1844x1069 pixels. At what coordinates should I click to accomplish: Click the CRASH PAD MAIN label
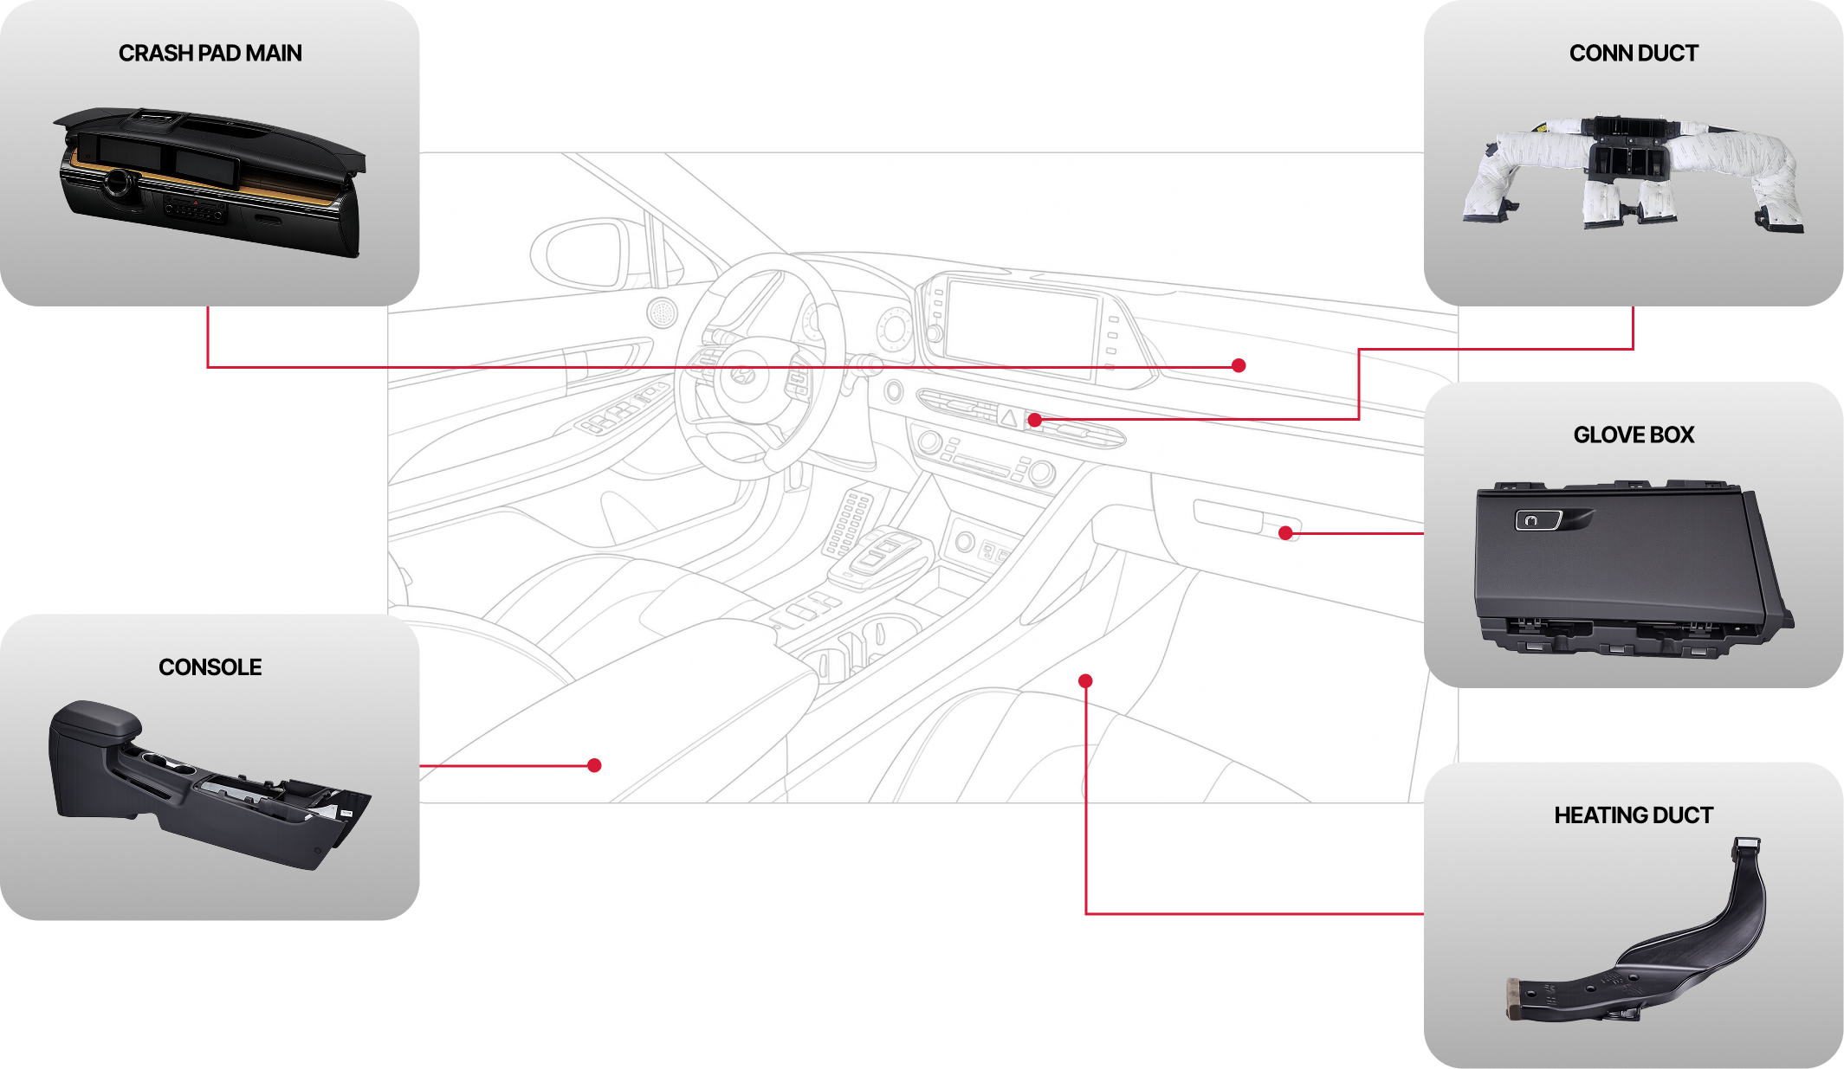(210, 54)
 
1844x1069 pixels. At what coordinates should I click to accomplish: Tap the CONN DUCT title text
(1634, 54)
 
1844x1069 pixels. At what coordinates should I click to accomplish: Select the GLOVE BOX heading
(1634, 435)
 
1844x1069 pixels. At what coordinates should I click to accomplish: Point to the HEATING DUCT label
(1634, 815)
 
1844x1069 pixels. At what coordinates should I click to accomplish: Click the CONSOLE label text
(210, 667)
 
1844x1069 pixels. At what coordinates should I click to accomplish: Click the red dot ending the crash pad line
(1239, 365)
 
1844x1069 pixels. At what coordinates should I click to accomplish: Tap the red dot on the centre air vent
(1034, 421)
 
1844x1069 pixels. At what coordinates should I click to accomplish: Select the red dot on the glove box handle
(1285, 533)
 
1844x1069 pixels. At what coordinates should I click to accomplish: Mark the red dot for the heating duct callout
(1085, 681)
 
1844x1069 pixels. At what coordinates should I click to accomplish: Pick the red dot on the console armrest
(594, 765)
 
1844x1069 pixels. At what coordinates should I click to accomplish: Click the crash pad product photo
(210, 182)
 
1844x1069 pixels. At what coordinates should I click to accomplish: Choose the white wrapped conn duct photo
(1634, 173)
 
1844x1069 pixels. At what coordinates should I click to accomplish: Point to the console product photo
(210, 783)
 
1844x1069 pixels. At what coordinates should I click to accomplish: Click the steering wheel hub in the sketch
(741, 375)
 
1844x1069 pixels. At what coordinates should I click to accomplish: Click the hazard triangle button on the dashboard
(1009, 417)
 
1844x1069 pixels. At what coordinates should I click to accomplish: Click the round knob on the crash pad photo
(119, 183)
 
